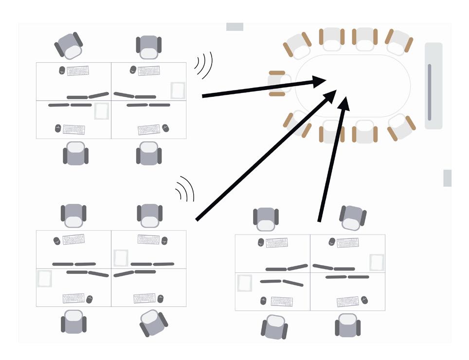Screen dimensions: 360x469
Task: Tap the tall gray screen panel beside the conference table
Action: pos(433,86)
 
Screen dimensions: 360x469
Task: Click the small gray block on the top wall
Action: pos(234,27)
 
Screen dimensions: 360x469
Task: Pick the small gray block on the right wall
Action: pos(447,178)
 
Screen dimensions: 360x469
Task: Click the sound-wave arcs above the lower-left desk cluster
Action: pos(185,189)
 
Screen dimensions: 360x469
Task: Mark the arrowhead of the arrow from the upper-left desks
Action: pos(319,81)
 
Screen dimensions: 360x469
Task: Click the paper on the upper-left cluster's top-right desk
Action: pos(178,90)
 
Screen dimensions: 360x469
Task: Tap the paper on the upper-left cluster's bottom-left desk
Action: pos(101,111)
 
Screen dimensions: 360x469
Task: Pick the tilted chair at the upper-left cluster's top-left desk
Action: pos(70,46)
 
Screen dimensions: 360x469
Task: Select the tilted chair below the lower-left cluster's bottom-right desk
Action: pos(153,323)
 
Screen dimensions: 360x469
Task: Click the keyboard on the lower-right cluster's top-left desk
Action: pos(276,242)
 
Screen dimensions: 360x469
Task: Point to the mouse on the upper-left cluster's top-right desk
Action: pos(133,71)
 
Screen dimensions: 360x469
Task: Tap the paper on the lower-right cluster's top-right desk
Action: pos(376,262)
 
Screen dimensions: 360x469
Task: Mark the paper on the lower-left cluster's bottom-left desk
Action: pos(44,278)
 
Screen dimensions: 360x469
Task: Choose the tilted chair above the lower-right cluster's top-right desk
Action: pos(352,217)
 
